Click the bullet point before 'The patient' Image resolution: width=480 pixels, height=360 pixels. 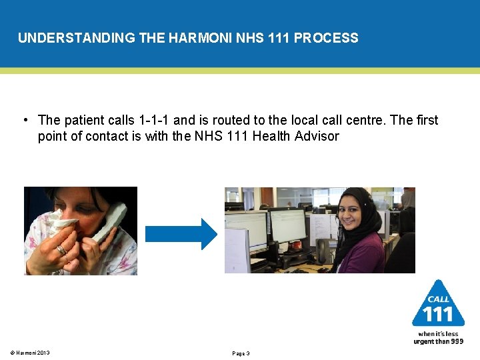24,120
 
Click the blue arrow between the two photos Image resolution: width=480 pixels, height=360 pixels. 181,234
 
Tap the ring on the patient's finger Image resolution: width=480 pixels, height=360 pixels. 61,250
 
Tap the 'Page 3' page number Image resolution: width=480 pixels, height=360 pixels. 241,353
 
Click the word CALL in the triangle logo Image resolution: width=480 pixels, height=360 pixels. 438,299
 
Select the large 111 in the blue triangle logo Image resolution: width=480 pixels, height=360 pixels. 438,314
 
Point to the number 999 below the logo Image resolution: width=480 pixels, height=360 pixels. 456,341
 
